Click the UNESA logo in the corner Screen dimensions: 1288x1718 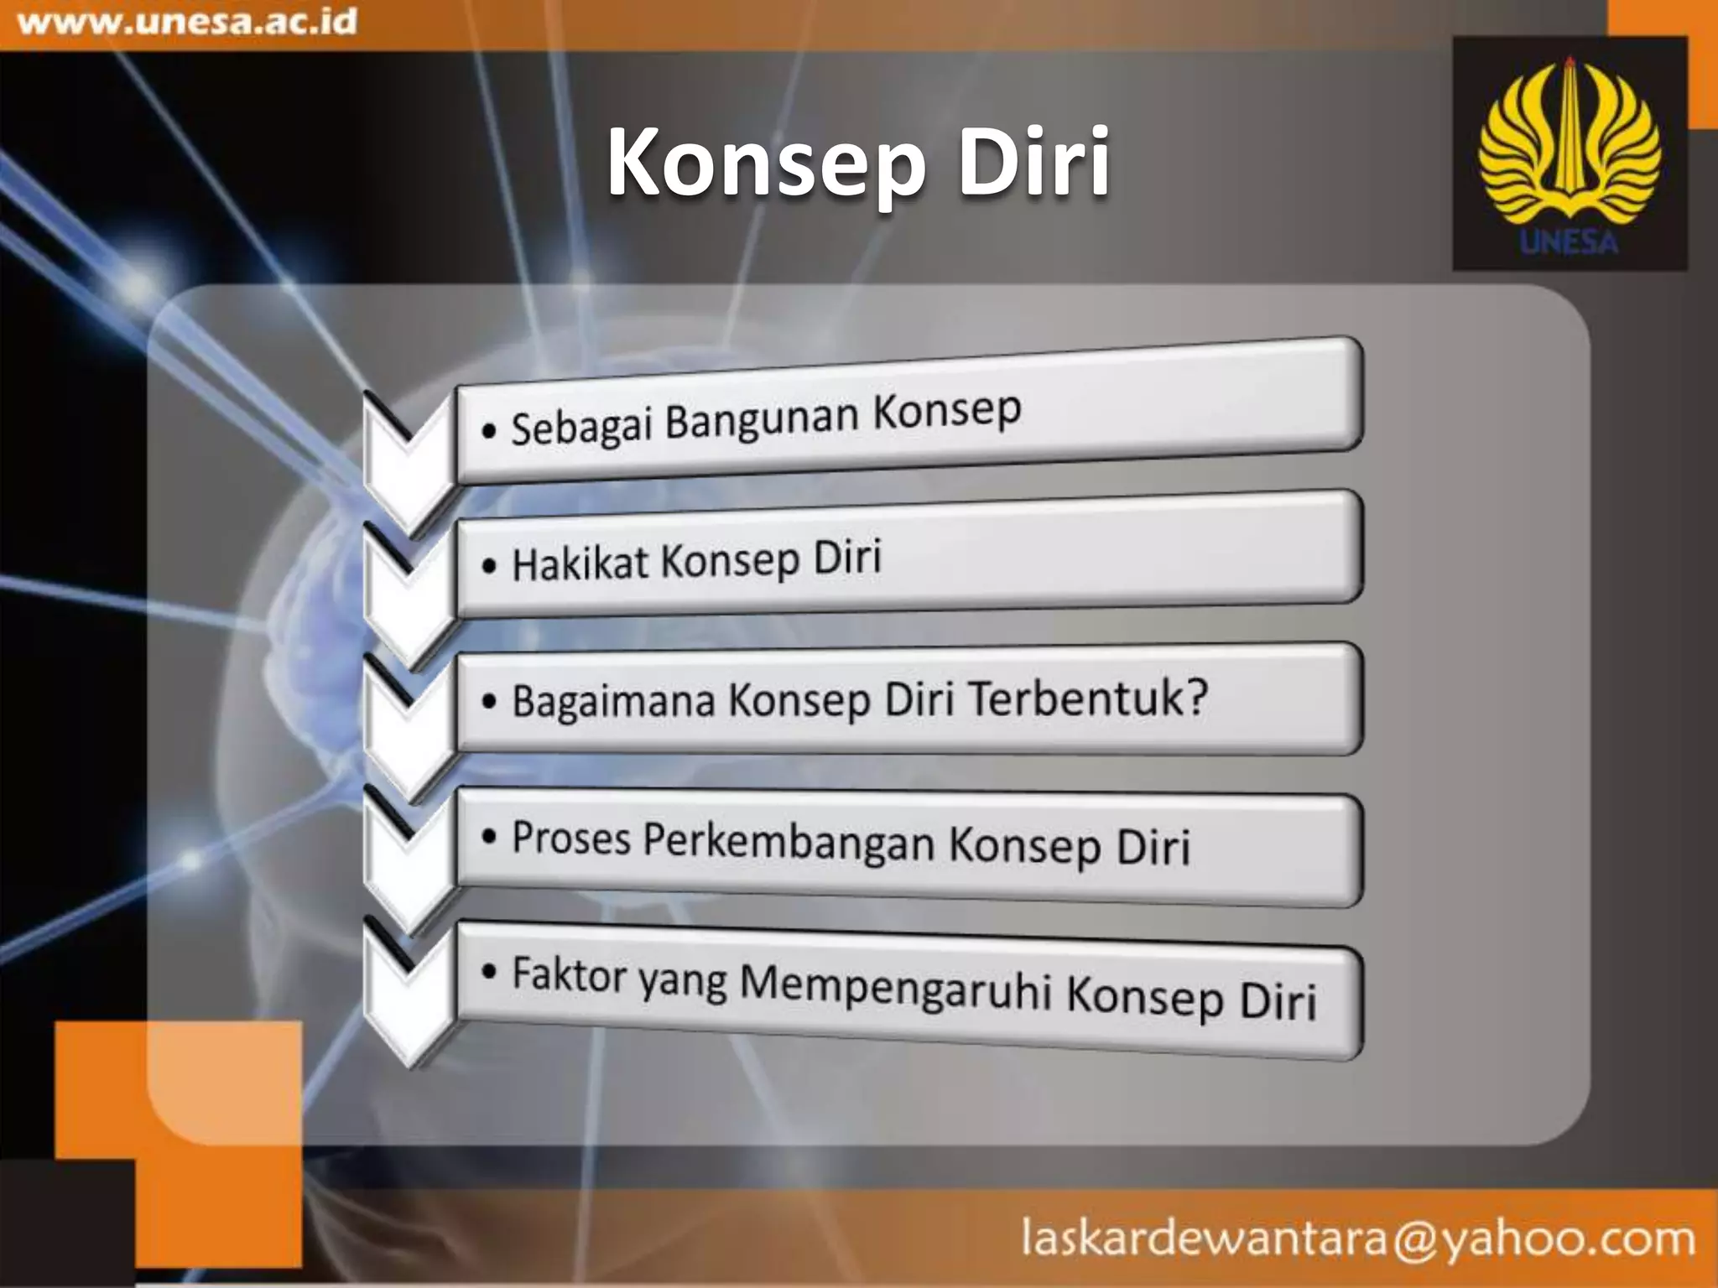point(1569,153)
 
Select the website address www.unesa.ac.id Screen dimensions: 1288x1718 point(186,22)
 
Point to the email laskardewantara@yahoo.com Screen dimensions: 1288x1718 point(1357,1239)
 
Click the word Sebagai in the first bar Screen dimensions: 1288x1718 point(581,426)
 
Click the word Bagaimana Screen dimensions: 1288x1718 point(613,701)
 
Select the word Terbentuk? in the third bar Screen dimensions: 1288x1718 point(1088,698)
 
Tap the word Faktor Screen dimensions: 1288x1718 point(569,975)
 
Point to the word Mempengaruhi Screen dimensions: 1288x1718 point(895,986)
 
